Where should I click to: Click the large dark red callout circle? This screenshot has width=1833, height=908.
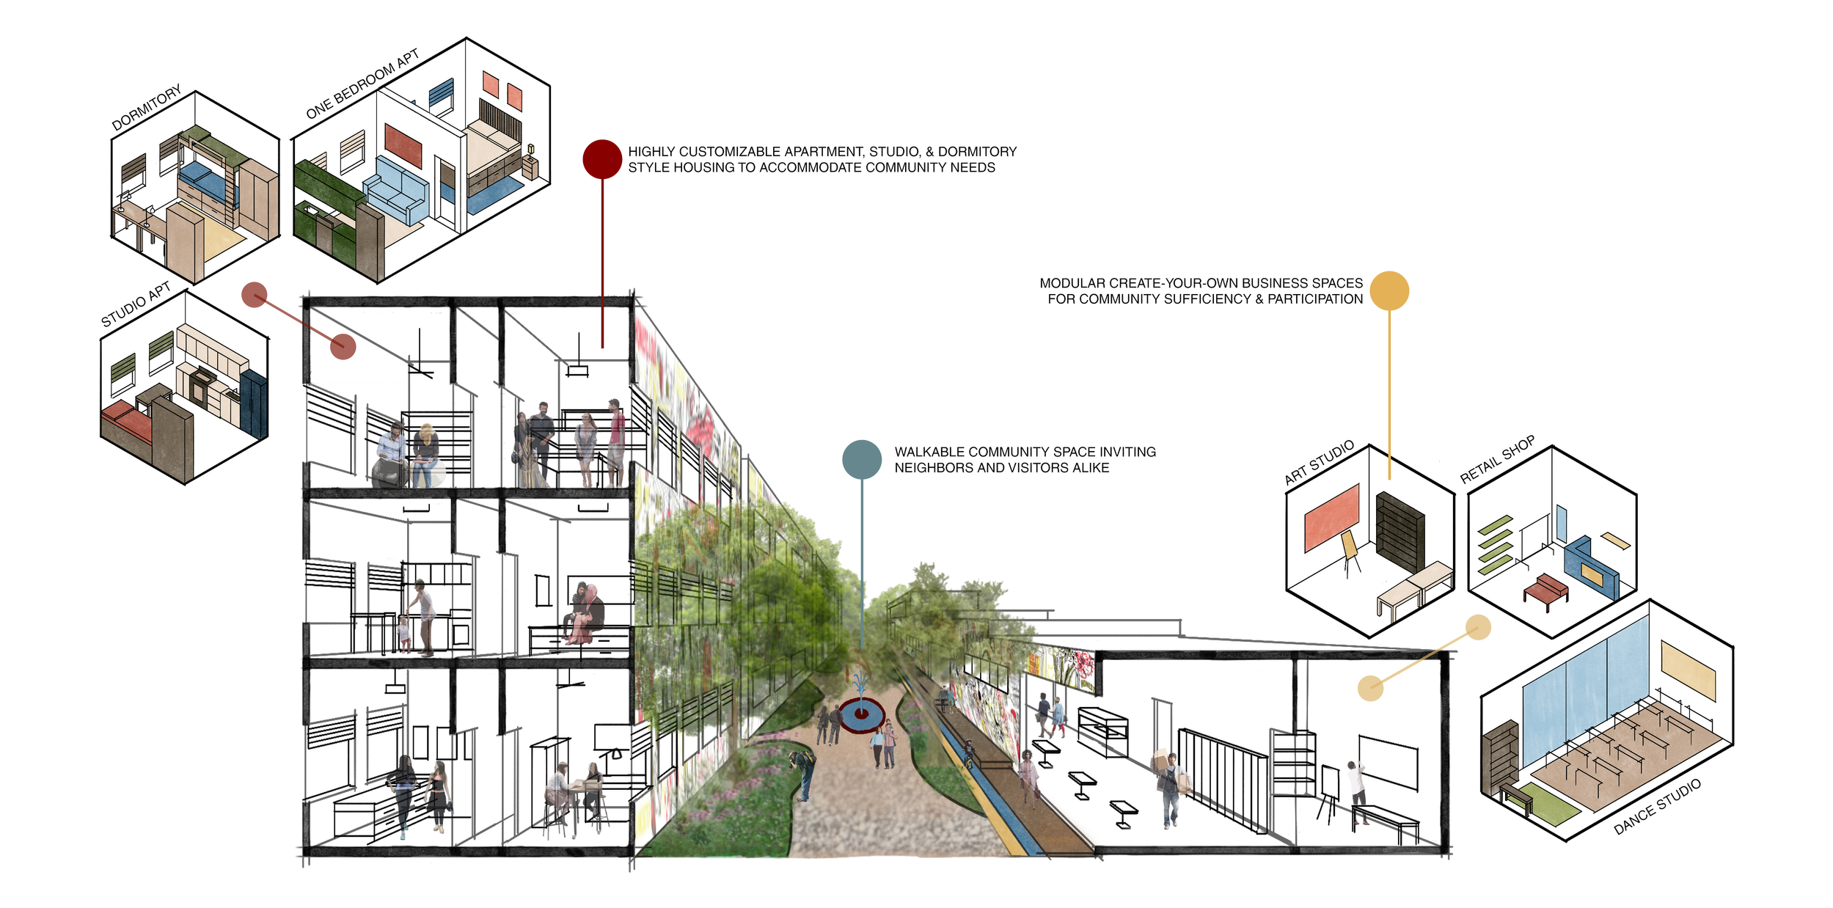602,159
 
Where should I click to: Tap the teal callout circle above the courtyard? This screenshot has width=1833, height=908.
862,459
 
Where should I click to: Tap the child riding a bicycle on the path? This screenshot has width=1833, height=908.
970,753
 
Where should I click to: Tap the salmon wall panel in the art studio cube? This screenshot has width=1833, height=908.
1331,519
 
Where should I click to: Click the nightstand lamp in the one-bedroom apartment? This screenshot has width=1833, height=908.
530,150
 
